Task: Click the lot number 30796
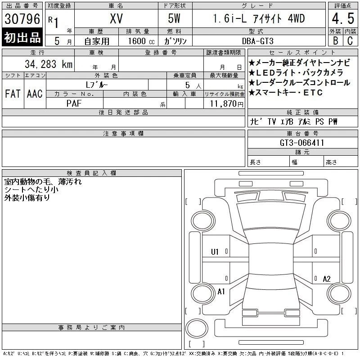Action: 22,19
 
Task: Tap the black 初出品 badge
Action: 22,37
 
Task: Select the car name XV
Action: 116,18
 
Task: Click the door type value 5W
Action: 174,18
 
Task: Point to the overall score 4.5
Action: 343,18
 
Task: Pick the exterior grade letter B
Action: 335,40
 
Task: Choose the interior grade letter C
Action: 350,40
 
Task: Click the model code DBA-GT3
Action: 258,41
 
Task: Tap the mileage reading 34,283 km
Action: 49,64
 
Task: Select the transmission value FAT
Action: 13,94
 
